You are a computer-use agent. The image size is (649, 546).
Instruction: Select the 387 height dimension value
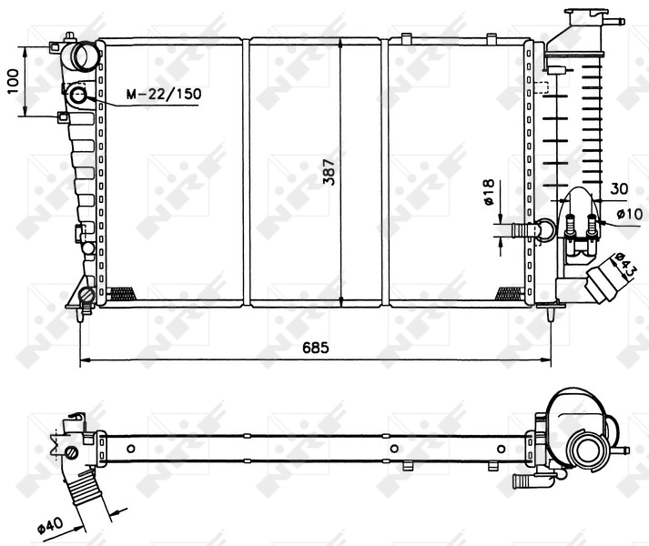[x=329, y=170]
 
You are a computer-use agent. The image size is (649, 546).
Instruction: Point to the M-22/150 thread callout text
[x=163, y=94]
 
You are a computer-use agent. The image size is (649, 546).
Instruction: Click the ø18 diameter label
[x=488, y=195]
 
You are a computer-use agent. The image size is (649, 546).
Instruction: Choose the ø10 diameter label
[x=630, y=214]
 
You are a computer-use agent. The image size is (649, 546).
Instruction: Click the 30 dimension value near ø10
[x=620, y=188]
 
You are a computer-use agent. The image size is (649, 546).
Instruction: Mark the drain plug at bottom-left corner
[x=86, y=296]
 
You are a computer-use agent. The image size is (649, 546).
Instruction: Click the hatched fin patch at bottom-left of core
[x=121, y=293]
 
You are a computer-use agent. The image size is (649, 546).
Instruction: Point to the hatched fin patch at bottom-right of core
[x=506, y=293]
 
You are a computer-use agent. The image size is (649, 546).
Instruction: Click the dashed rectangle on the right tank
[x=540, y=88]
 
